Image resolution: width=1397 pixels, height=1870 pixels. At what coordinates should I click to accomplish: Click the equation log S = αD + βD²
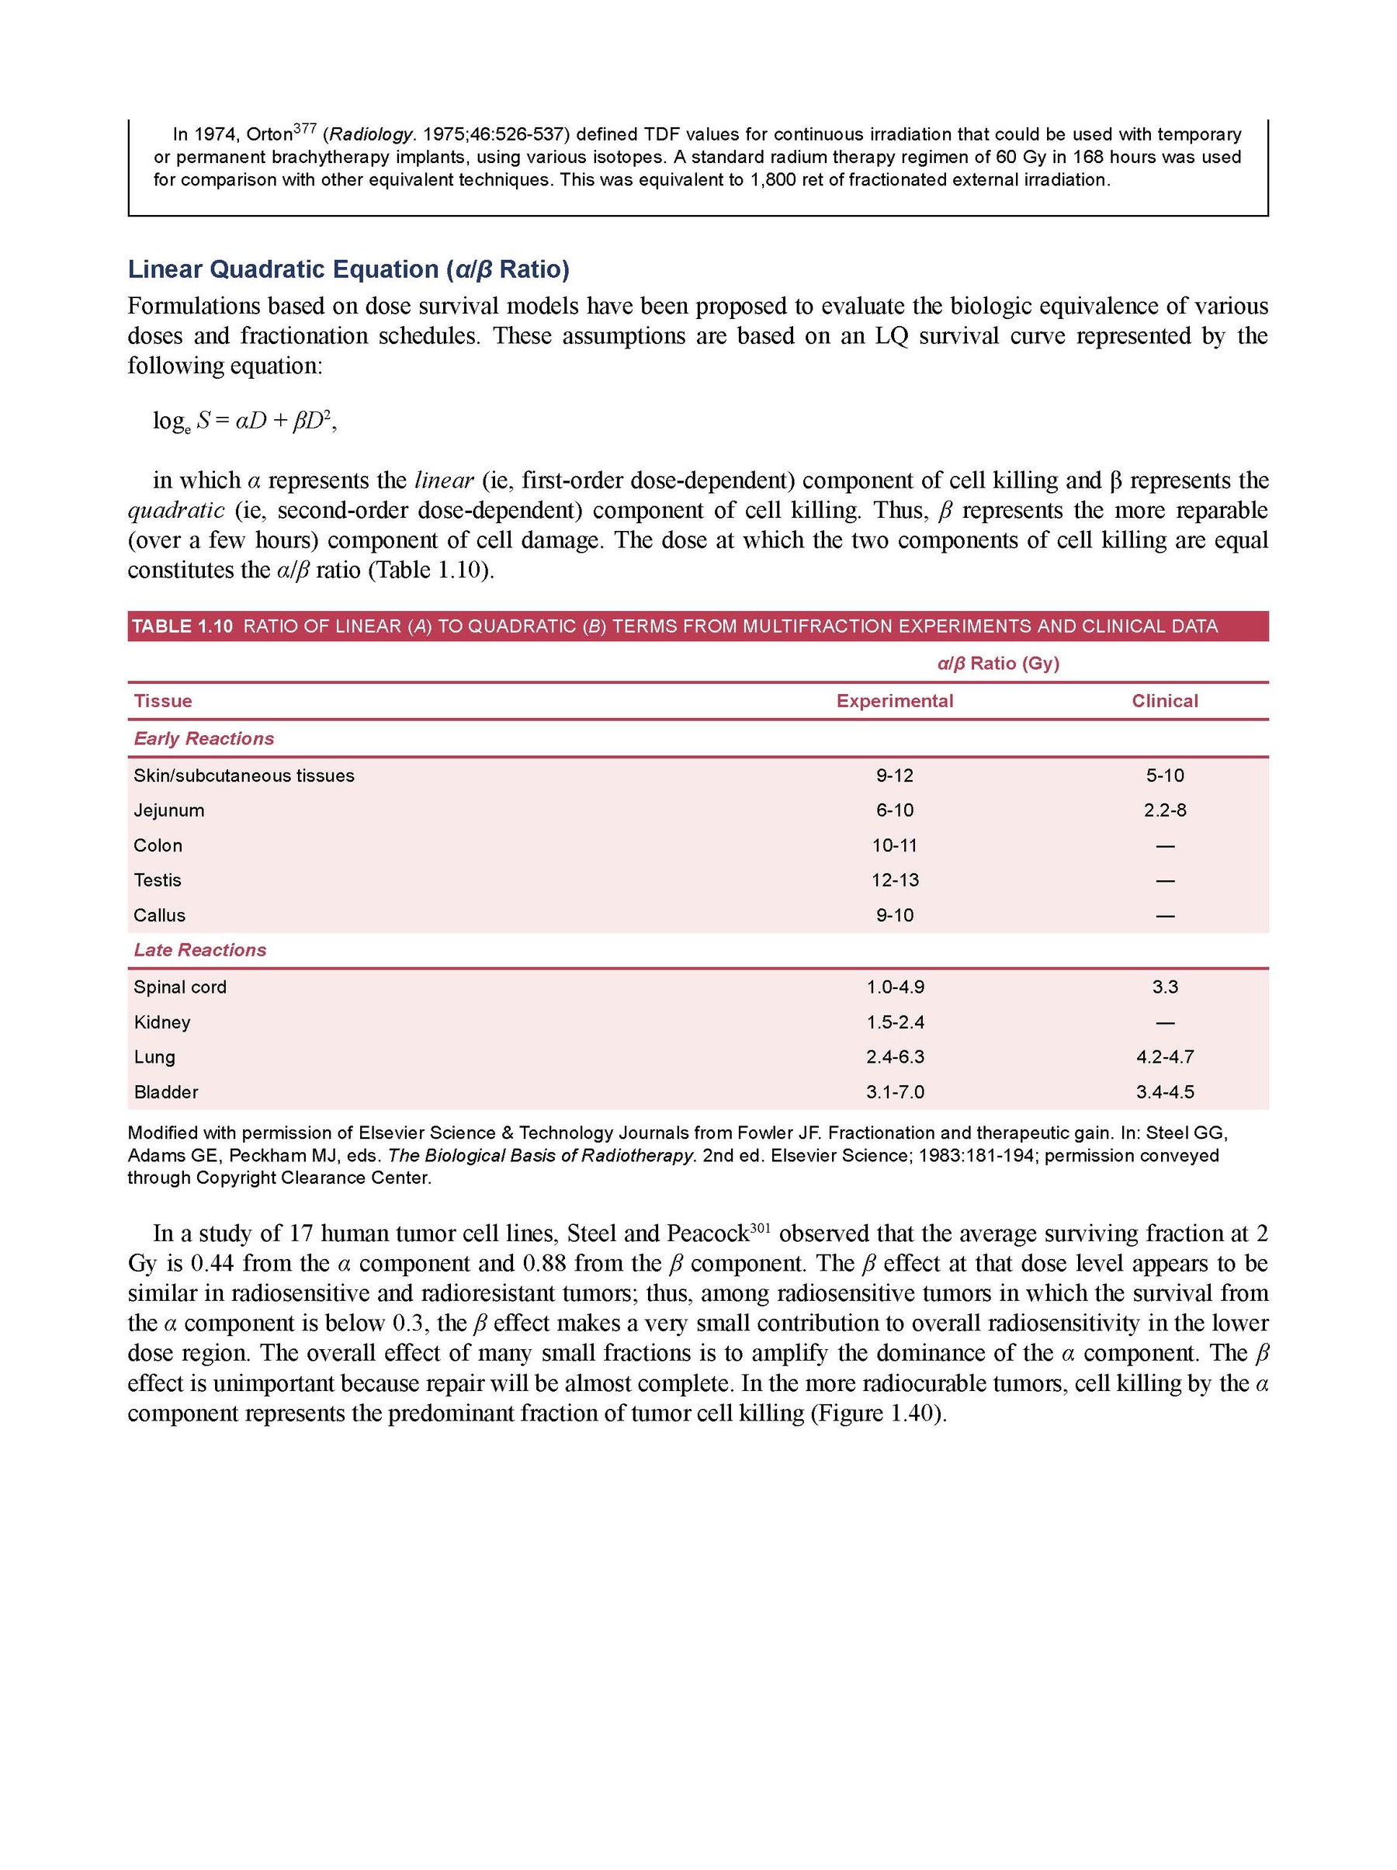point(244,420)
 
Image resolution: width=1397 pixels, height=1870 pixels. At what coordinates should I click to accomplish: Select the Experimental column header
point(894,701)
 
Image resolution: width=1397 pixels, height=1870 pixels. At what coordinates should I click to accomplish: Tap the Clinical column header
point(1165,701)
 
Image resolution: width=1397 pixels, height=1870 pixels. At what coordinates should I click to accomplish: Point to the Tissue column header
point(163,701)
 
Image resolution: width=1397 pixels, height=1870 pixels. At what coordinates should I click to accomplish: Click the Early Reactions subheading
point(203,738)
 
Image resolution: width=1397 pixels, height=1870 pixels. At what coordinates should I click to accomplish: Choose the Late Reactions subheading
point(200,949)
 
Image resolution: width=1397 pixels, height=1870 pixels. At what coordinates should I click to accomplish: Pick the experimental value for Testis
point(895,880)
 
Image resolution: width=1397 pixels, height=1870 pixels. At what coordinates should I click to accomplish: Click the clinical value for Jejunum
point(1165,810)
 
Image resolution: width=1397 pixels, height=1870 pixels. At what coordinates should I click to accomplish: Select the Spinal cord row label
point(180,987)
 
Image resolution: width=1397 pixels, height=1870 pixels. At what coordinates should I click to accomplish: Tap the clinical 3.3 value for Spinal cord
point(1165,987)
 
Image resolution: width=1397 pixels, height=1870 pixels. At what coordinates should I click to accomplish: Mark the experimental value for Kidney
point(895,1022)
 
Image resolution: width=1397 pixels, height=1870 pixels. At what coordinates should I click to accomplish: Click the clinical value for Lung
point(1165,1056)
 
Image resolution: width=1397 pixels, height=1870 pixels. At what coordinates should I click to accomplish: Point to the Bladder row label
point(165,1091)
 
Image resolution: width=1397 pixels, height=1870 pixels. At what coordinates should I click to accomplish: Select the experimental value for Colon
point(895,845)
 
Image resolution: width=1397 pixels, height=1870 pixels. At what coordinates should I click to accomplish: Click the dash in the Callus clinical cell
point(1165,915)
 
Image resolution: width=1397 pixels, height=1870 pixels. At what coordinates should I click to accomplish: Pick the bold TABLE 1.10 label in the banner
point(182,626)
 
